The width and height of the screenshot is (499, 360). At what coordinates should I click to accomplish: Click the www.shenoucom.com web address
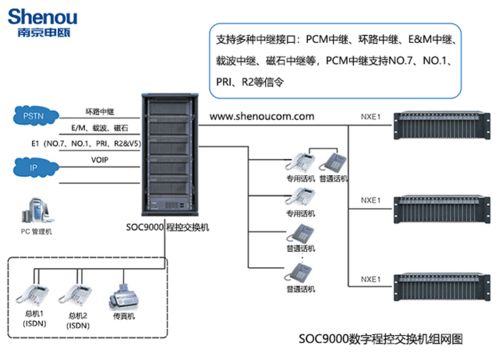pos(263,118)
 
